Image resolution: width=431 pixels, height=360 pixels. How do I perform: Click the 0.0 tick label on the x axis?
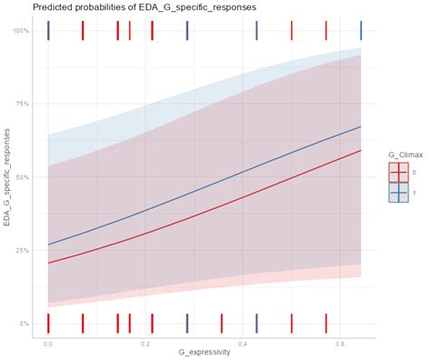(x=48, y=345)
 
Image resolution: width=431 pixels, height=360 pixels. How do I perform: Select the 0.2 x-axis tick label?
(x=145, y=345)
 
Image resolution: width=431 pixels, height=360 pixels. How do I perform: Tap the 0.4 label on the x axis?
(x=243, y=345)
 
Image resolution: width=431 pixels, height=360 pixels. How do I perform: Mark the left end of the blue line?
(x=48, y=245)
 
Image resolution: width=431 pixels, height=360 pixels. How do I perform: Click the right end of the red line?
(x=361, y=151)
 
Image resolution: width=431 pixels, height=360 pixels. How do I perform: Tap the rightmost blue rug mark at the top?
(x=361, y=31)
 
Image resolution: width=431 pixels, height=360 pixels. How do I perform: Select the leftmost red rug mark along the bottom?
(x=48, y=324)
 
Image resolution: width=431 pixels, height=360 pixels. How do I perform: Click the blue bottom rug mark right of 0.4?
(x=256, y=324)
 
